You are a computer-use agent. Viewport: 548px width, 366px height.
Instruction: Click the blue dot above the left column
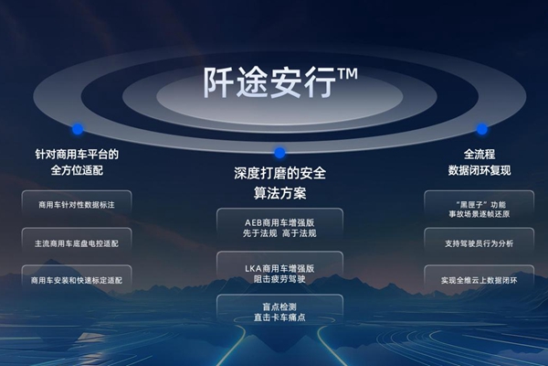click(x=79, y=129)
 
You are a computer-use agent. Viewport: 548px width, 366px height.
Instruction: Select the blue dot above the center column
click(x=279, y=153)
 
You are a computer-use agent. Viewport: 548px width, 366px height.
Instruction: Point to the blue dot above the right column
click(x=481, y=129)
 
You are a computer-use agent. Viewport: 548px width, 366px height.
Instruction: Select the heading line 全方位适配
click(x=78, y=169)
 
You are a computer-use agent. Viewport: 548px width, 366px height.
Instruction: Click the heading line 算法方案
click(x=279, y=194)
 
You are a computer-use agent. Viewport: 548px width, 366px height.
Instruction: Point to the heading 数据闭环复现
click(x=479, y=169)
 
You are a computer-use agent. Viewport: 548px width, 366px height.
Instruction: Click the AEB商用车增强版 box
click(x=279, y=228)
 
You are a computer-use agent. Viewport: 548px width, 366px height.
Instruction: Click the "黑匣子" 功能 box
click(x=479, y=206)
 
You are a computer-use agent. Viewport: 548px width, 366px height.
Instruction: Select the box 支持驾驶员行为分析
click(x=479, y=242)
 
